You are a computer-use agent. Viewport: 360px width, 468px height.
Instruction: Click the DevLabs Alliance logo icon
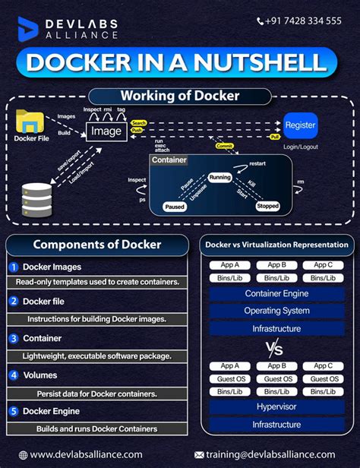pyautogui.click(x=28, y=28)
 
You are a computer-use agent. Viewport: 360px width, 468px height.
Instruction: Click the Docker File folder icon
pyautogui.click(x=31, y=122)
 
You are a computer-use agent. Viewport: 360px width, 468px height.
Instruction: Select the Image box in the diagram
pyautogui.click(x=106, y=131)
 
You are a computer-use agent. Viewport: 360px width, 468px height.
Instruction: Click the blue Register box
pyautogui.click(x=301, y=125)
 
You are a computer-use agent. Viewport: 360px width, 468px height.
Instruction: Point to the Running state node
pyautogui.click(x=219, y=177)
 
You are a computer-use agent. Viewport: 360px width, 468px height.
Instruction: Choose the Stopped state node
pyautogui.click(x=267, y=206)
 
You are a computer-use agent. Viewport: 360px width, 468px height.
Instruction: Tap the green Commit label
pyautogui.click(x=225, y=146)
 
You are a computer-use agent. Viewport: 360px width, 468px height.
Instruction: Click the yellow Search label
pyautogui.click(x=138, y=122)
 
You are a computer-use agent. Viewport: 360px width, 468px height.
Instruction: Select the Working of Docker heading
pyautogui.click(x=181, y=96)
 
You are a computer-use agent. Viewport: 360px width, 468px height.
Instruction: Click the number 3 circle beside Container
pyautogui.click(x=14, y=337)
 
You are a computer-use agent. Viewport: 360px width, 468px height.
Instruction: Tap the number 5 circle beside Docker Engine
pyautogui.click(x=14, y=411)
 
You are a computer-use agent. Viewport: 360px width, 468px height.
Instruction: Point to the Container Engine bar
pyautogui.click(x=276, y=293)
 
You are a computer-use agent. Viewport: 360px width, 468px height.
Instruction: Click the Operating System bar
pyautogui.click(x=276, y=311)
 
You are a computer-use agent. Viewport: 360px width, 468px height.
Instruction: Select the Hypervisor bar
pyautogui.click(x=276, y=406)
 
